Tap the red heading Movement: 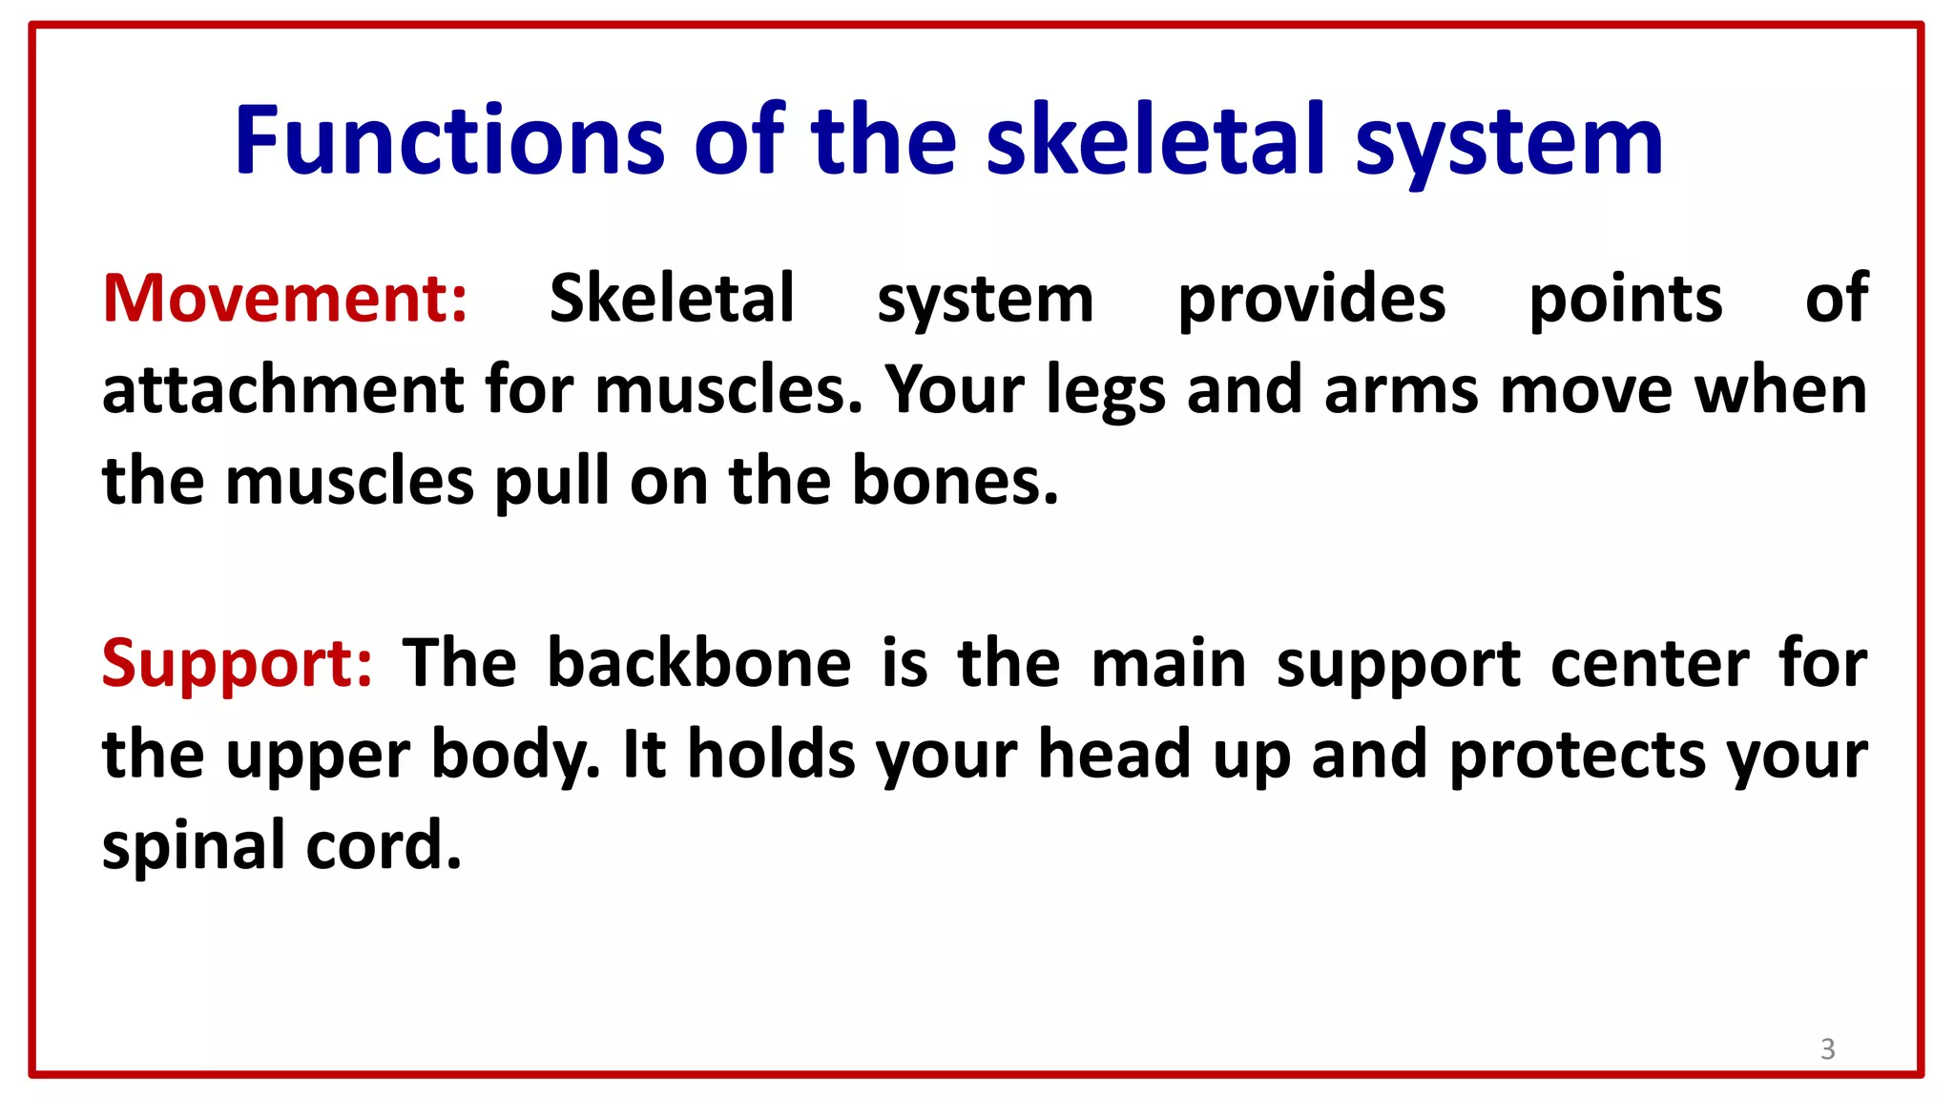pyautogui.click(x=285, y=299)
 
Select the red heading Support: pyautogui.click(x=237, y=663)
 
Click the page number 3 pyautogui.click(x=1827, y=1049)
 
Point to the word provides pyautogui.click(x=1312, y=301)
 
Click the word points pyautogui.click(x=1626, y=301)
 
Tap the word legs pyautogui.click(x=1106, y=392)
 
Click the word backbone pyautogui.click(x=698, y=663)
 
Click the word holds pyautogui.click(x=771, y=755)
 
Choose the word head pyautogui.click(x=1114, y=755)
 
